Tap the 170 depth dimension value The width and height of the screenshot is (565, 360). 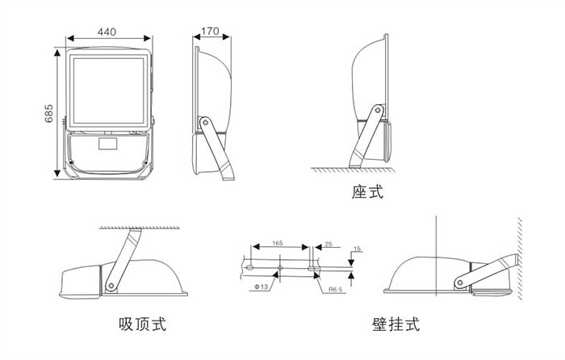click(x=210, y=31)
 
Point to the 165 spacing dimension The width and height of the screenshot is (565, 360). click(x=277, y=242)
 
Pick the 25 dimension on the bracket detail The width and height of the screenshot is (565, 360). click(x=328, y=244)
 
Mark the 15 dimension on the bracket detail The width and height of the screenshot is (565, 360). click(x=358, y=249)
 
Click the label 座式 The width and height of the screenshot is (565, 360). click(x=367, y=192)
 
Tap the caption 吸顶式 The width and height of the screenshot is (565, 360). click(x=142, y=324)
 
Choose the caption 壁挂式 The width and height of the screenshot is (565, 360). click(x=395, y=324)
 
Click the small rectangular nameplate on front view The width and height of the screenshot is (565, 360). click(x=107, y=146)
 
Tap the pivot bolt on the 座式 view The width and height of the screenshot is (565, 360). click(x=376, y=110)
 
